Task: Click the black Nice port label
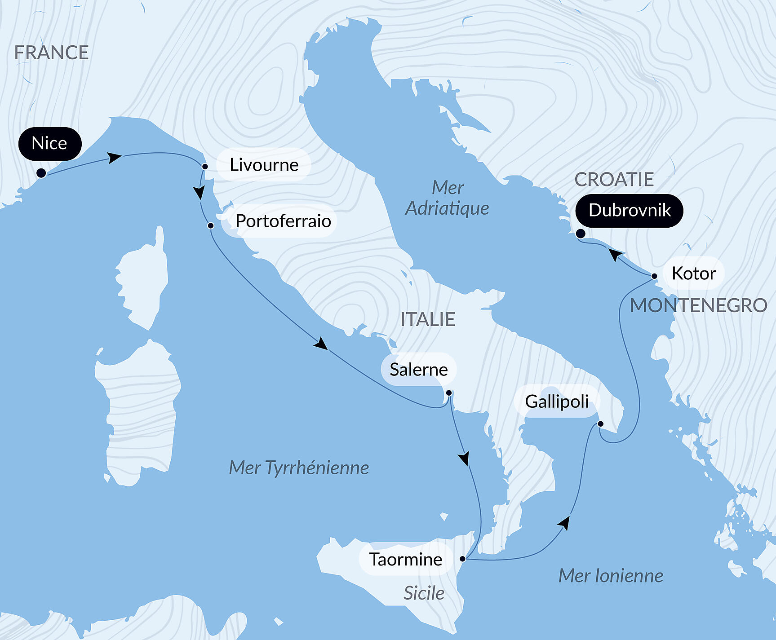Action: [x=49, y=144]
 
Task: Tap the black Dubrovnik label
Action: [x=629, y=210]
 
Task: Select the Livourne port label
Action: [x=264, y=165]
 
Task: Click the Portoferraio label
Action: [x=283, y=221]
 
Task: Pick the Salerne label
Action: [x=418, y=370]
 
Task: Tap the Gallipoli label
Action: [x=557, y=402]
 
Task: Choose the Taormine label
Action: [x=405, y=559]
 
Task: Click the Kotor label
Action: [x=693, y=273]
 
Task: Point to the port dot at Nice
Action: [x=41, y=173]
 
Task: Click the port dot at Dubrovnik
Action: [x=580, y=234]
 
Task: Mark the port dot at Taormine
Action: [x=462, y=559]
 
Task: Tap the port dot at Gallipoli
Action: [x=600, y=424]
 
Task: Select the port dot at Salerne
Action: [x=448, y=393]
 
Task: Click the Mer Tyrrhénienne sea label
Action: [x=299, y=468]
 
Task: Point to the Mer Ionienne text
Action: [x=610, y=576]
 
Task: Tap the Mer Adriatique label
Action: [x=447, y=198]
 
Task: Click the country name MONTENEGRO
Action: [x=698, y=306]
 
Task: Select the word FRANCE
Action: [x=51, y=53]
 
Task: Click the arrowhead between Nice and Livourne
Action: [x=114, y=158]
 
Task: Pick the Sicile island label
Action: [x=424, y=593]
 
